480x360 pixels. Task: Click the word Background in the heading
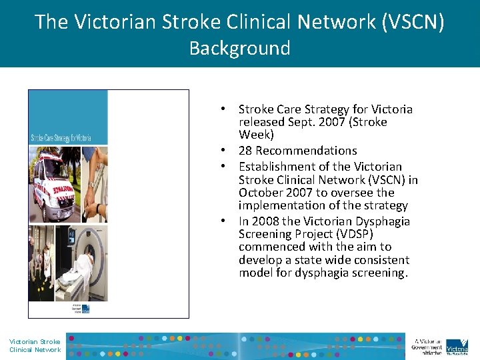pos(239,49)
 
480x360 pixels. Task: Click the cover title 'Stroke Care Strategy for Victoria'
pos(61,138)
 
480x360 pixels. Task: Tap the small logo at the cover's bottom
pos(81,308)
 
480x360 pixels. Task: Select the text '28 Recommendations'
pos(297,151)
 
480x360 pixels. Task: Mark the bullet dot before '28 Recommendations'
pos(227,151)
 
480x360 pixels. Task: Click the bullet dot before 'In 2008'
pos(227,221)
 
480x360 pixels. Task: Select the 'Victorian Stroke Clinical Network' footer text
pos(35,345)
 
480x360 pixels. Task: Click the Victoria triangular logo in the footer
pos(457,345)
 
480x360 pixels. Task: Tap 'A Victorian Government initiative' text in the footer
pos(427,345)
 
